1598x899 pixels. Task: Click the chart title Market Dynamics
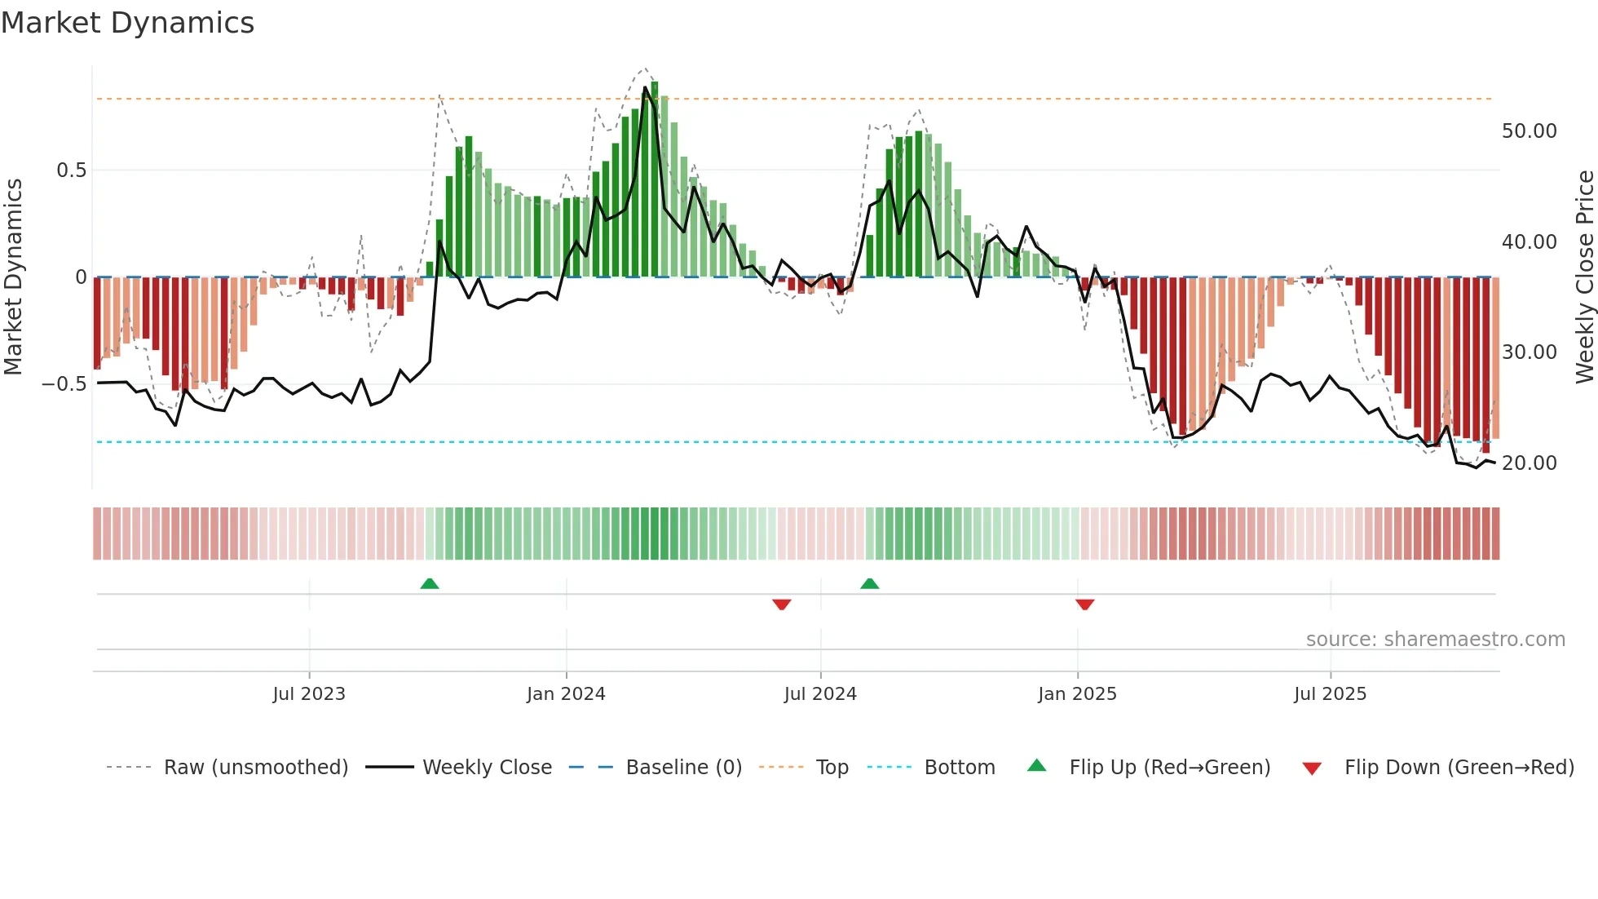point(127,23)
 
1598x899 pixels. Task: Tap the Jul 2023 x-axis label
point(309,694)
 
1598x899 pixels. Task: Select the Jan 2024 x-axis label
point(566,694)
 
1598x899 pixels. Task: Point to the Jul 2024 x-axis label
point(820,694)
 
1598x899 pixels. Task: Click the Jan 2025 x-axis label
point(1077,694)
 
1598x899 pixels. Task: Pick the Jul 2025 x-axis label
point(1330,694)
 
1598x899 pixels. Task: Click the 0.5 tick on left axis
point(71,170)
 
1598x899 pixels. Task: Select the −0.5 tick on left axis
point(64,383)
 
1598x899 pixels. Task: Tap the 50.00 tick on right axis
point(1529,131)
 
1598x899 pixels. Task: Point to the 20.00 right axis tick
point(1529,463)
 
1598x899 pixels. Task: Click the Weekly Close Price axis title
point(1584,277)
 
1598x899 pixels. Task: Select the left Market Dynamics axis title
point(13,277)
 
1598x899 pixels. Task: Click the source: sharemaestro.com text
point(1435,640)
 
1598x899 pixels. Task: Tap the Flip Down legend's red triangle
point(1312,768)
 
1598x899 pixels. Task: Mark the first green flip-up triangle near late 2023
point(430,583)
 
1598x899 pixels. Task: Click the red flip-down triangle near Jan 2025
point(1084,604)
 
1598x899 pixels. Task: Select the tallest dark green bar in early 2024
point(655,179)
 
